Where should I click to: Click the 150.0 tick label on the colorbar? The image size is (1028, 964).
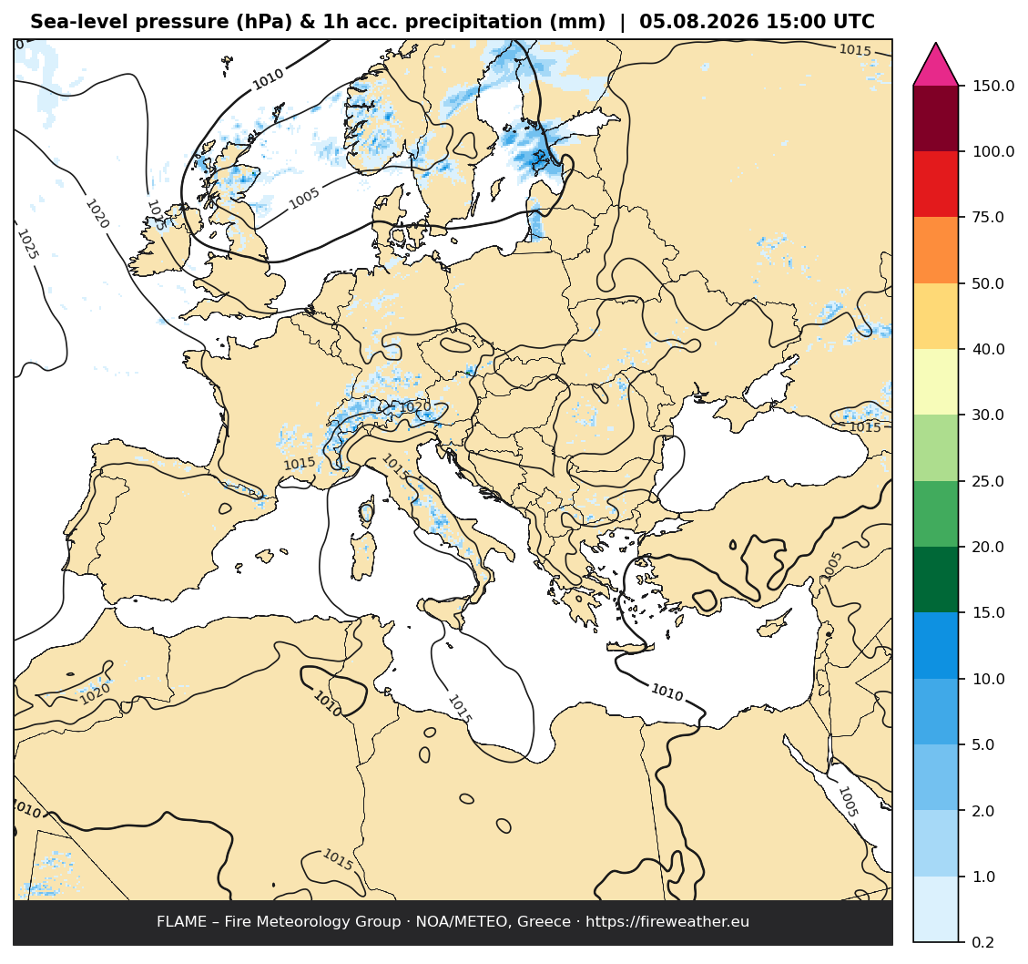[x=992, y=86]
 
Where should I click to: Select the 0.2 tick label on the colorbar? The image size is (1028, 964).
[x=982, y=942]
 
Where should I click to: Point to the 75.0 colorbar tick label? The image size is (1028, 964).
[x=988, y=217]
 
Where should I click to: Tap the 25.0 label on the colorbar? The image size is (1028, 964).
[x=988, y=481]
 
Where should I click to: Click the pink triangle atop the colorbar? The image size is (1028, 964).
[x=935, y=66]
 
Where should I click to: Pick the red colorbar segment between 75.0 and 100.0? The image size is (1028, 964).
[x=935, y=184]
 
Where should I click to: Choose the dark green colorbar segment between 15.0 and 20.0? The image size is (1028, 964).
[x=935, y=579]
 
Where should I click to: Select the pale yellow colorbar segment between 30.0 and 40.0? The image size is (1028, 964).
[x=935, y=382]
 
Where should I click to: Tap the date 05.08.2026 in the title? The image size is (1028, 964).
[x=697, y=22]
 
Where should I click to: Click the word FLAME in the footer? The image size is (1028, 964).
[x=181, y=921]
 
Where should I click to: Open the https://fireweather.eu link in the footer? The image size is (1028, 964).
[x=667, y=922]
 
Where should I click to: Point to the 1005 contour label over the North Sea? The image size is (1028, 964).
[x=304, y=198]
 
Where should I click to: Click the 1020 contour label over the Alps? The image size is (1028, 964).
[x=415, y=407]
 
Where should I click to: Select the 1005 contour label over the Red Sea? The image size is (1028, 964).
[x=848, y=802]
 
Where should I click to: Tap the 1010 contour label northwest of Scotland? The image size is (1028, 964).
[x=268, y=79]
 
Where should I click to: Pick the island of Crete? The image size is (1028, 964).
[x=630, y=647]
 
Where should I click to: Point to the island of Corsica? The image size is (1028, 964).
[x=366, y=510]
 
